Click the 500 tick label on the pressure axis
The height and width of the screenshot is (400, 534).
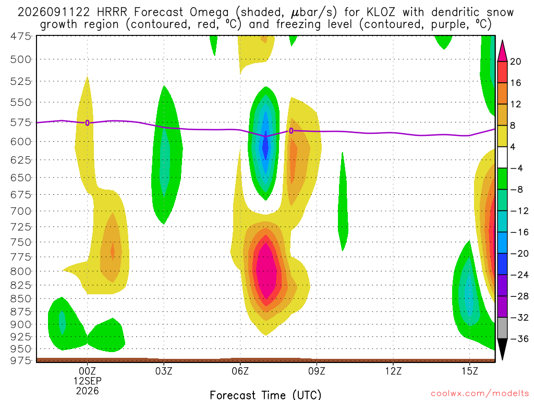pos(21,59)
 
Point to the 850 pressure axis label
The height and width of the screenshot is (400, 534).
pos(21,298)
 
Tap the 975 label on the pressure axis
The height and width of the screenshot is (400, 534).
pos(21,360)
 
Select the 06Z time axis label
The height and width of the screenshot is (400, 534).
pos(240,371)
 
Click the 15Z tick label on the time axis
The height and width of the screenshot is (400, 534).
pos(470,371)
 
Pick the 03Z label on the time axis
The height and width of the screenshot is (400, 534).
pos(164,371)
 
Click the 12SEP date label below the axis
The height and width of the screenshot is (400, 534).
pos(88,381)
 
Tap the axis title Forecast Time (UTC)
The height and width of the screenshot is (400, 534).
pos(265,395)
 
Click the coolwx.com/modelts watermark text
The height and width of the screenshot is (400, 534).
pos(480,394)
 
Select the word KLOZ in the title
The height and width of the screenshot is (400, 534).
pos(381,12)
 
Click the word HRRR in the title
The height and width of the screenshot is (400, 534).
pos(112,12)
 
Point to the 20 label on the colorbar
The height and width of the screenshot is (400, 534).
pos(516,61)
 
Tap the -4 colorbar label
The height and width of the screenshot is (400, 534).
pos(516,168)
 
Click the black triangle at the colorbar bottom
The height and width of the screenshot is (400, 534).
pos(502,349)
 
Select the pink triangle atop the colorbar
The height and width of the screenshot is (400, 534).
pos(502,51)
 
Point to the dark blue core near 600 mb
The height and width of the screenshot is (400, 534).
pos(265,146)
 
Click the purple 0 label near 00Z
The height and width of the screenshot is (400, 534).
pos(88,123)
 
